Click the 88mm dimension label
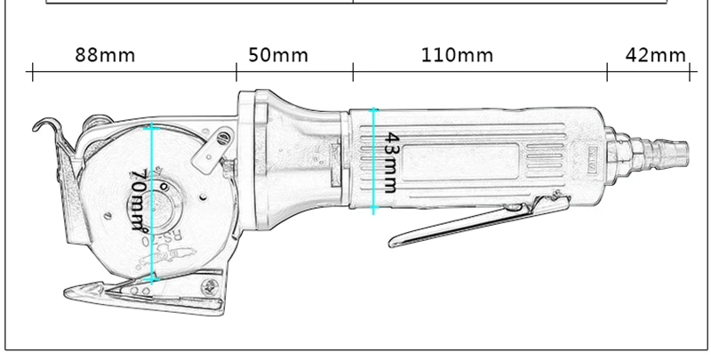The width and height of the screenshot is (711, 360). (x=105, y=55)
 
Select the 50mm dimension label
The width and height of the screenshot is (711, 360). (x=278, y=55)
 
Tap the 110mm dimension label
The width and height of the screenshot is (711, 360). (x=457, y=55)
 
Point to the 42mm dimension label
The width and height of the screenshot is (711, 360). (x=656, y=55)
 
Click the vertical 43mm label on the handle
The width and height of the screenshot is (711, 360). (x=389, y=163)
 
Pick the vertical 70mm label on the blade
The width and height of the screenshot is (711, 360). (x=140, y=199)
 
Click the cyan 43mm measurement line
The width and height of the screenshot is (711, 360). (x=373, y=161)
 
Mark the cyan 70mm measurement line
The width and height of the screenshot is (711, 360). (x=151, y=204)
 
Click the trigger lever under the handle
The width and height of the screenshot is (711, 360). (x=478, y=221)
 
